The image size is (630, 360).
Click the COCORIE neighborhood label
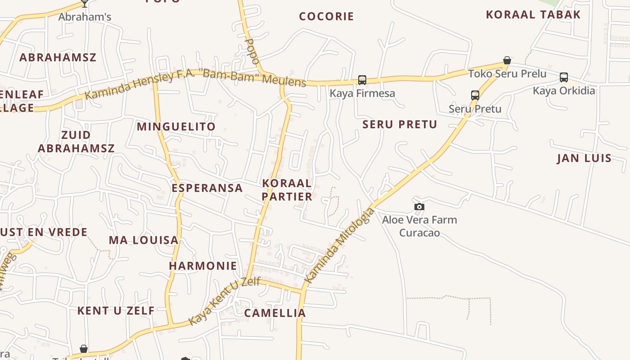pos(327,17)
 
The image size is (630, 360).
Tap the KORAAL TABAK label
pos(533,14)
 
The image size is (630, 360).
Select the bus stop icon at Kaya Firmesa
pos(362,80)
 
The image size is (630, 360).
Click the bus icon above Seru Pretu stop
pos(475,95)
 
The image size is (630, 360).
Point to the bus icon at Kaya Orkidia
pos(564,77)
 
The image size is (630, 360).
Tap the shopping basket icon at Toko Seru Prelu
pos(507,60)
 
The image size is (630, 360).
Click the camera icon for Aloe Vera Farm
pos(419,207)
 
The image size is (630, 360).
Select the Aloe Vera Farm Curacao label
pos(419,226)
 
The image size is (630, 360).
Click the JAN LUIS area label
pos(584,158)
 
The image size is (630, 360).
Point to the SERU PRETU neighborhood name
pos(400,125)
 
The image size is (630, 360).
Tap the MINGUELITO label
pos(176,127)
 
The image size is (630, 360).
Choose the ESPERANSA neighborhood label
pos(207,188)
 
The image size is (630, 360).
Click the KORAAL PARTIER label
pos(287,190)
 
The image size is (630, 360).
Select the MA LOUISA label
pos(144,240)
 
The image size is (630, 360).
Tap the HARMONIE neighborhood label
pos(203,266)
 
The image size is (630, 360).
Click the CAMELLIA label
pos(275,313)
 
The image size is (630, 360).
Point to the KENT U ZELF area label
pos(116,310)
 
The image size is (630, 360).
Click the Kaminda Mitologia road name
pos(339,245)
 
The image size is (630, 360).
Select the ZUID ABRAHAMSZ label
pos(76,141)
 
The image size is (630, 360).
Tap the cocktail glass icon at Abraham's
pos(85,4)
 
